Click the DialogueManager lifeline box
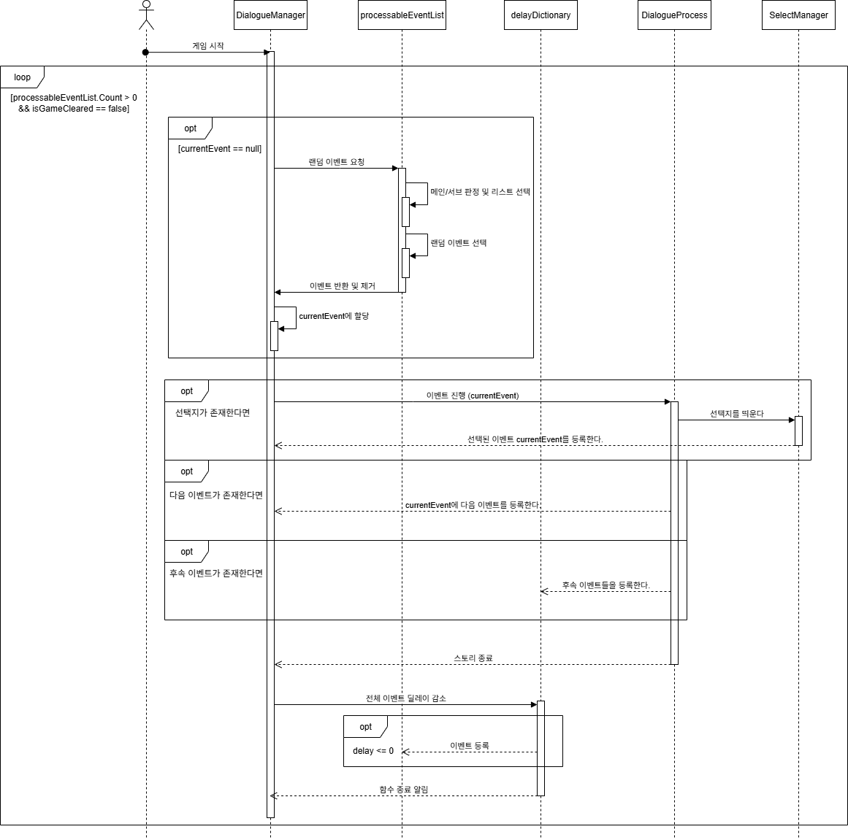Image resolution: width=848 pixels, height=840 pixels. [x=270, y=15]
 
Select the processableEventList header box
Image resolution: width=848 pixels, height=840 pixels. [x=402, y=15]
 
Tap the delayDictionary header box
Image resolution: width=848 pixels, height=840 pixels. [x=540, y=15]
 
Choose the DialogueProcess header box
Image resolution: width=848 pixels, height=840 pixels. [x=674, y=15]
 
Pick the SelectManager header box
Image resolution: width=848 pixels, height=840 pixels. [x=798, y=15]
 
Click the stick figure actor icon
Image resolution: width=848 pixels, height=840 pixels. [x=146, y=15]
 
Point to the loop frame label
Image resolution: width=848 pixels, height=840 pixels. [x=23, y=77]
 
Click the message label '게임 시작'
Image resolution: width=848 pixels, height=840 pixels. [x=208, y=46]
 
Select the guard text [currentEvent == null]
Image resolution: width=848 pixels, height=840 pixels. [x=220, y=149]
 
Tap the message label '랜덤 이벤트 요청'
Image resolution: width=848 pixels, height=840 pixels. [x=336, y=162]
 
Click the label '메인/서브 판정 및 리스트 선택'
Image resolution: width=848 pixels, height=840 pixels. [x=480, y=192]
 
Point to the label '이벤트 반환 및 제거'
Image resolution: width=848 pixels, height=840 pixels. [x=342, y=286]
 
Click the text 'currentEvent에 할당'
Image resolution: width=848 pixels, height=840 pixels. [x=334, y=316]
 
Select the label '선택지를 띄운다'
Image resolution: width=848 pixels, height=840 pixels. [x=736, y=414]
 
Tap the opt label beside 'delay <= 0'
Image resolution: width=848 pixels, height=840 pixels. [x=366, y=727]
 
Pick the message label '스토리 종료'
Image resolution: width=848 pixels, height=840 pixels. [x=473, y=658]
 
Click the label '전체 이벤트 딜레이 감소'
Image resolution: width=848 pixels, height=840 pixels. [x=405, y=698]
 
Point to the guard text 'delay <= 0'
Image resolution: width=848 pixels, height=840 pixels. [x=373, y=751]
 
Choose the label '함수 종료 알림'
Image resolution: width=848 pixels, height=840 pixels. [x=404, y=790]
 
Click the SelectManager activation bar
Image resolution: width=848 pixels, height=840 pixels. [x=798, y=431]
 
